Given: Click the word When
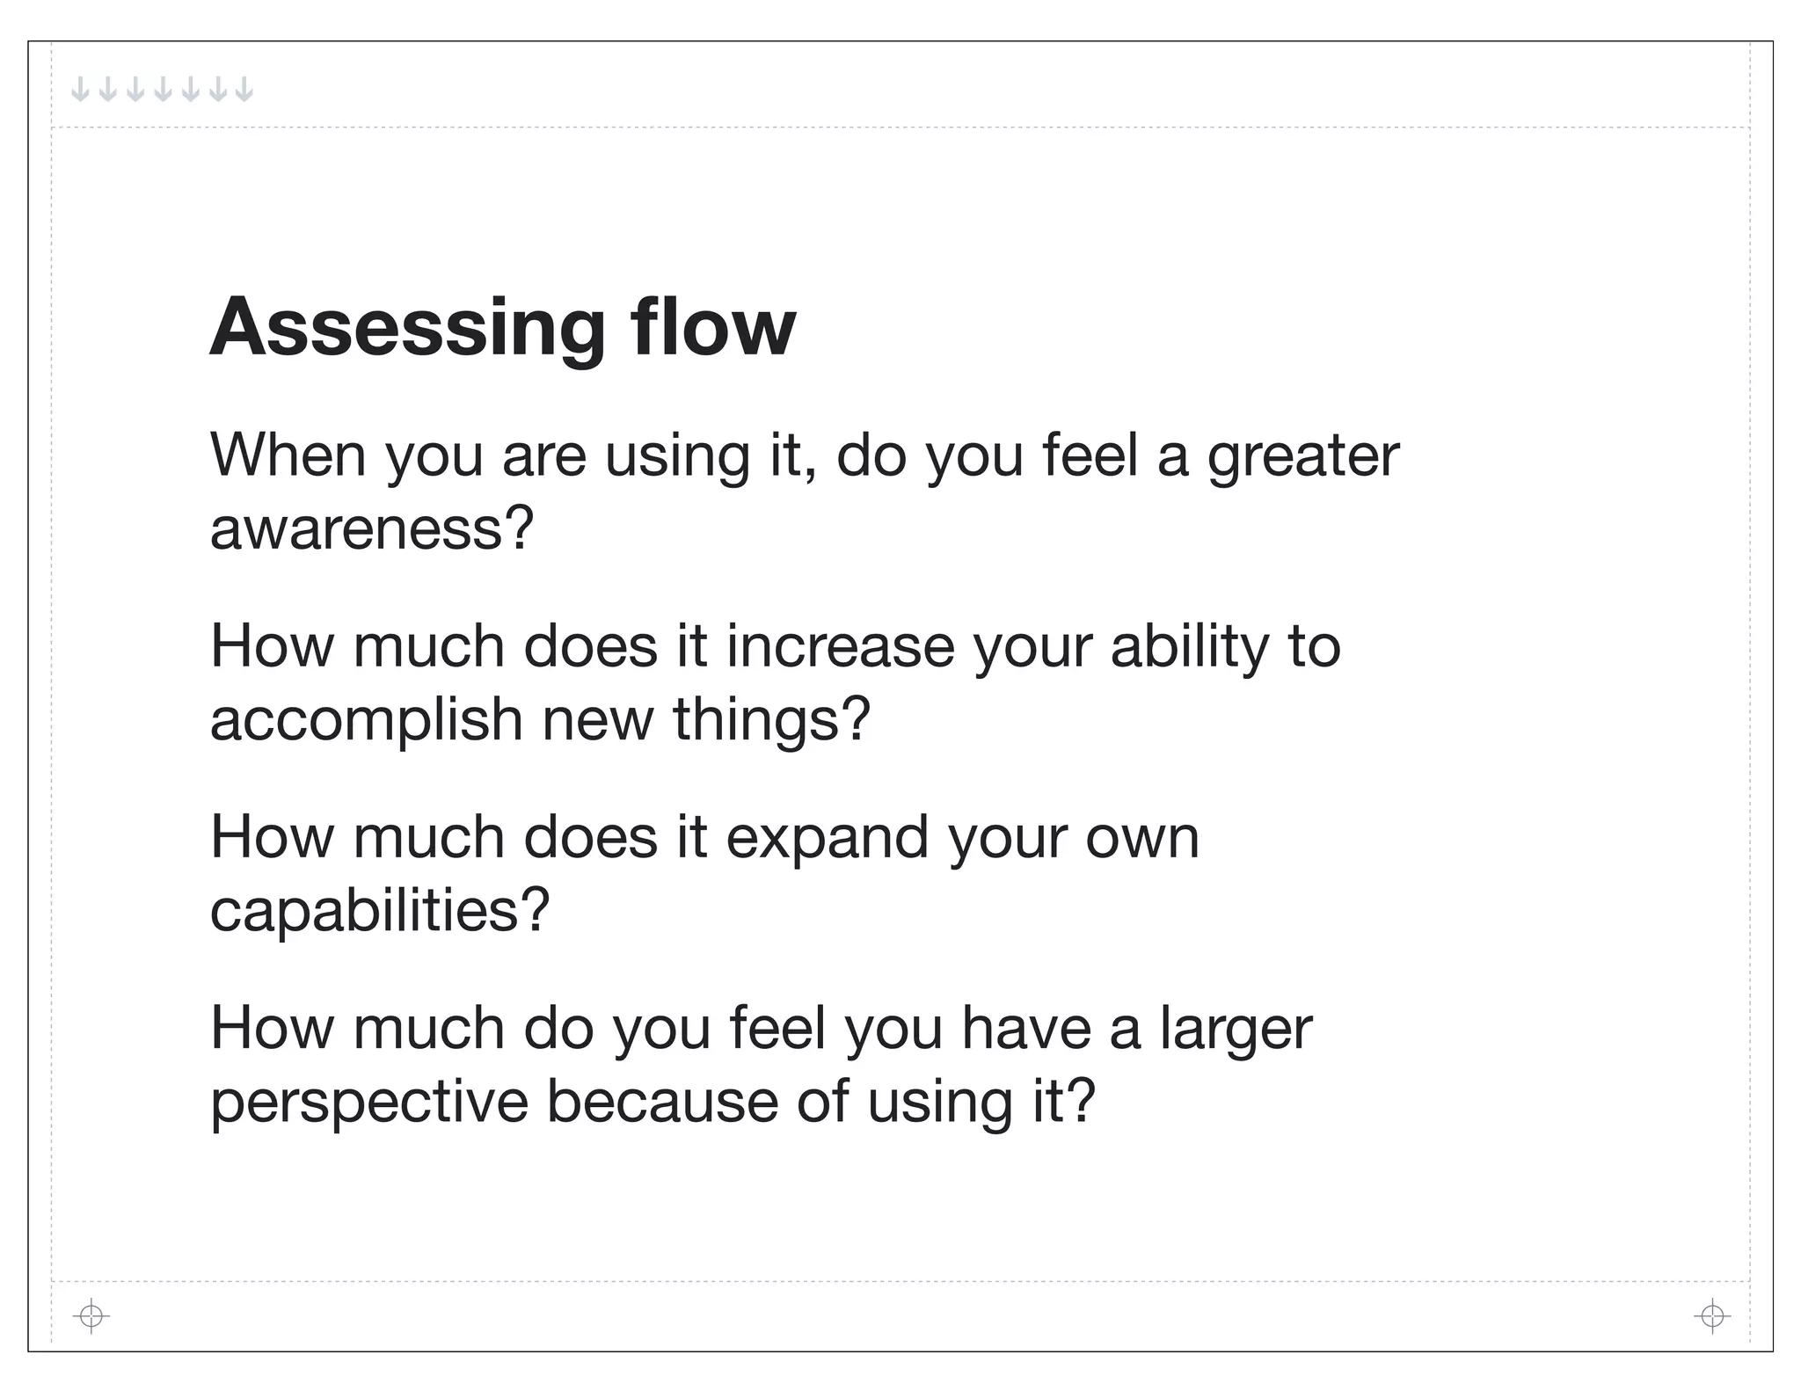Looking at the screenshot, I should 288,455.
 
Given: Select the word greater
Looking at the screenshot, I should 1302,457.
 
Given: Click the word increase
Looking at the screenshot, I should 840,646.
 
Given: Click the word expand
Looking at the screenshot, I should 827,838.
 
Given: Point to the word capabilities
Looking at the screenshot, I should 379,911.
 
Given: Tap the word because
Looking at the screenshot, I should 662,1102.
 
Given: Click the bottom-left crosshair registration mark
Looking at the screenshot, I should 91,1316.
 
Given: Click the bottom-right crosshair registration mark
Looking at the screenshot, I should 1712,1316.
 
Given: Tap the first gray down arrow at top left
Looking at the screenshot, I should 80,89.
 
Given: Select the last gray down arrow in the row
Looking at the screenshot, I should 244,89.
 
